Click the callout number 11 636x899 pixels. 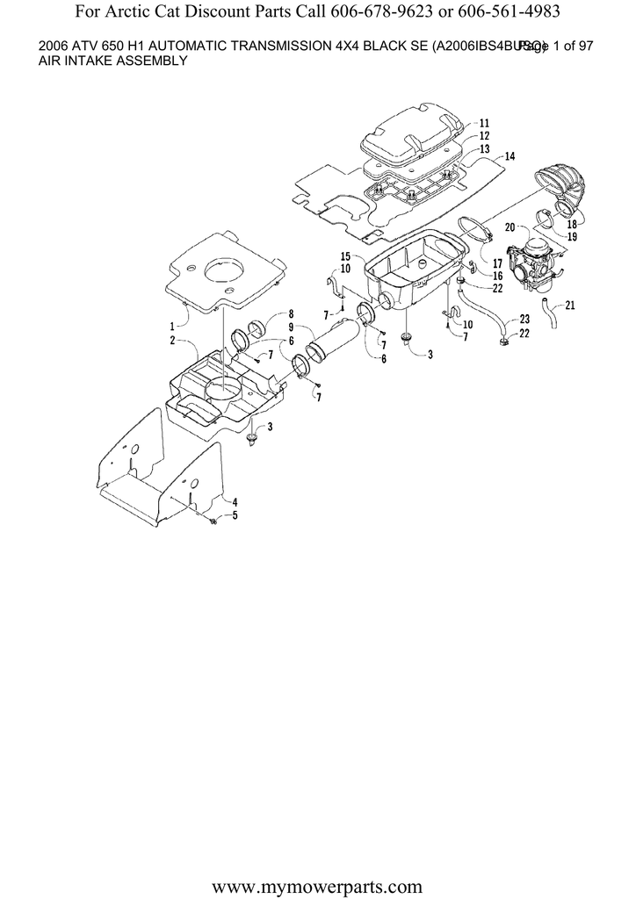(x=485, y=123)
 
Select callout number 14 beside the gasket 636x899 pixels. (x=510, y=156)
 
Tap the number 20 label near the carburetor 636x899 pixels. (x=509, y=227)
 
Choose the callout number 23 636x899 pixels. (x=524, y=319)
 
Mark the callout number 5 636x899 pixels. (x=235, y=516)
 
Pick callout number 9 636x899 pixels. (x=290, y=327)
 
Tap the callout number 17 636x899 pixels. (x=497, y=263)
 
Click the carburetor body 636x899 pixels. (x=538, y=261)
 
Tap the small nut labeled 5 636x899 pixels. (x=213, y=522)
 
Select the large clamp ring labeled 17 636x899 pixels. (x=475, y=235)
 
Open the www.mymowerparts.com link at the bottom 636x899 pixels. (x=318, y=868)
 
